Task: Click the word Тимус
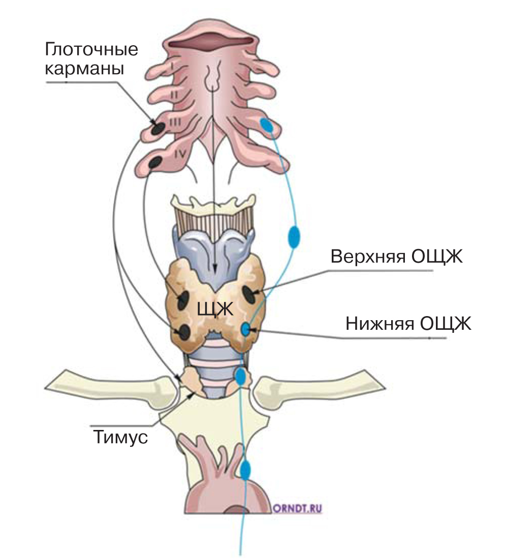pyautogui.click(x=120, y=437)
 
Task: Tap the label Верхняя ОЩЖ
pyautogui.click(x=397, y=256)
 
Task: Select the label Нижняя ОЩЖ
pyautogui.click(x=408, y=324)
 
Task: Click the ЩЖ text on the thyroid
pyautogui.click(x=215, y=309)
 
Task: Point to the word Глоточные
pyautogui.click(x=91, y=49)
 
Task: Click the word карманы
pyautogui.click(x=84, y=68)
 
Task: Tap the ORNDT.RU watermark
pyautogui.click(x=298, y=508)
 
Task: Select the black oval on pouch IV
pyautogui.click(x=155, y=163)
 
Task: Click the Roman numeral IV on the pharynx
pyautogui.click(x=181, y=154)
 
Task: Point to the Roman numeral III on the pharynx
pyautogui.click(x=175, y=123)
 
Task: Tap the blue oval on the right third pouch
pyautogui.click(x=267, y=125)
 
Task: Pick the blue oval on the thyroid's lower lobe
pyautogui.click(x=245, y=329)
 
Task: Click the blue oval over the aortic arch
pyautogui.click(x=245, y=470)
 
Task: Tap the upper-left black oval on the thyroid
pyautogui.click(x=183, y=300)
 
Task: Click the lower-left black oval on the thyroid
pyautogui.click(x=184, y=332)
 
